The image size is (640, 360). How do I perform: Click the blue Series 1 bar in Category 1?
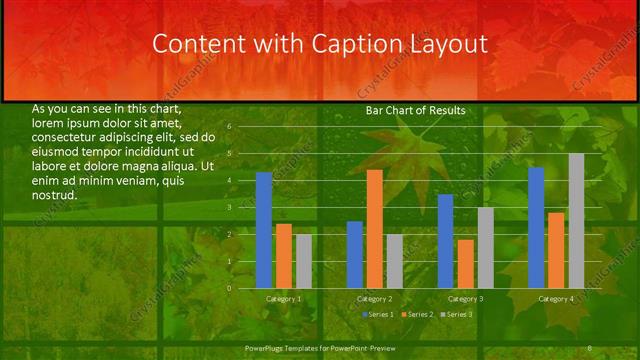pos(264,230)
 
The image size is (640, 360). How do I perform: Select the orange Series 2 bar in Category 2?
pos(374,229)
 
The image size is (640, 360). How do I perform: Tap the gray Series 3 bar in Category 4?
pos(576,221)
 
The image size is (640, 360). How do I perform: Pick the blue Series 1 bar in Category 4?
pos(536,228)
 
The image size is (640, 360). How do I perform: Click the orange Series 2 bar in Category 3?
pos(465,264)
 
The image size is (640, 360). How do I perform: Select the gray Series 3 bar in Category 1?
pos(303,262)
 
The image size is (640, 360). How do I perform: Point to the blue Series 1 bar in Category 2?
pos(355,255)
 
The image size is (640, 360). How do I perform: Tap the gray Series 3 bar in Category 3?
pos(485,248)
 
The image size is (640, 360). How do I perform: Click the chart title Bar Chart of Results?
pos(415,111)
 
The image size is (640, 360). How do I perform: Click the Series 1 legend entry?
pos(378,314)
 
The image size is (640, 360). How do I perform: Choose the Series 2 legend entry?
pos(416,314)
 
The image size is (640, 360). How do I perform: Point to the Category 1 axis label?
pos(284,299)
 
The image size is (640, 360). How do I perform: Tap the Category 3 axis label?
pos(465,299)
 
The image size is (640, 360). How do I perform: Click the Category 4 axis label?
pos(556,299)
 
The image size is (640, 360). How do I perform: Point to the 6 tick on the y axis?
pos(229,127)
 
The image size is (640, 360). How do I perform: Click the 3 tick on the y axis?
pos(229,208)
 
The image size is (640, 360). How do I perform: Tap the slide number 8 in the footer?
pos(589,347)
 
